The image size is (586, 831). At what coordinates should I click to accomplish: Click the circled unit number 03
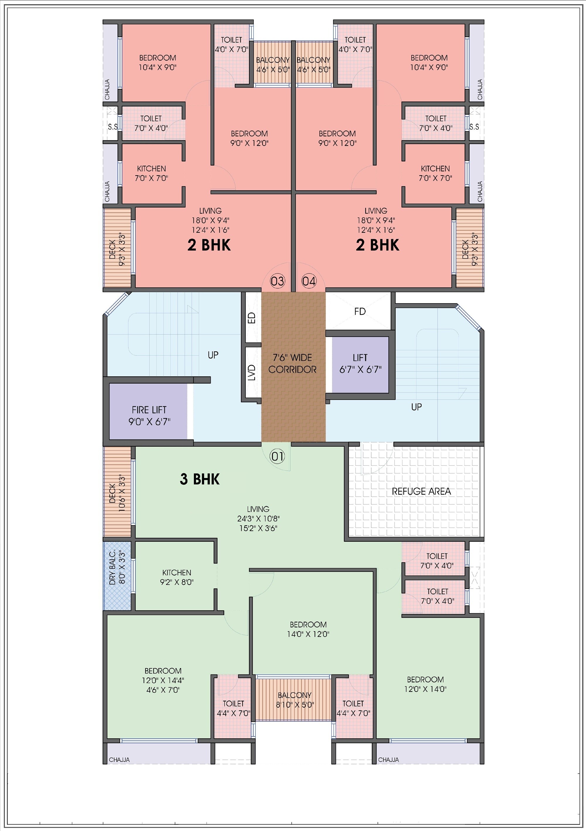(277, 281)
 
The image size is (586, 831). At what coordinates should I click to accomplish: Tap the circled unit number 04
(309, 281)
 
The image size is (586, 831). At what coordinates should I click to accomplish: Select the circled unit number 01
(277, 456)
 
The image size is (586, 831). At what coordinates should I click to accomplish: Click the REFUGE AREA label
(421, 491)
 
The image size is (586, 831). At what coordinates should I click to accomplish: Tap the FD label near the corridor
(360, 311)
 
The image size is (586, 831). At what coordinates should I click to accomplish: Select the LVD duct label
(252, 372)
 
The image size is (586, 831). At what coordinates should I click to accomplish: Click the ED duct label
(252, 318)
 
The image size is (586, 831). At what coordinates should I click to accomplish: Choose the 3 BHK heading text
(200, 479)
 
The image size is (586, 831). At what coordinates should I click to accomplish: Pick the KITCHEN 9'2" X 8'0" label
(177, 577)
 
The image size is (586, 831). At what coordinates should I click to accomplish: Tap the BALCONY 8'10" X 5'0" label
(295, 700)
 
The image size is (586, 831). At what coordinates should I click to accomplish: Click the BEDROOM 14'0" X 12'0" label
(308, 629)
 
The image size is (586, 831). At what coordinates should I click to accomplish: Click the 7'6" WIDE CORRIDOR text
(292, 363)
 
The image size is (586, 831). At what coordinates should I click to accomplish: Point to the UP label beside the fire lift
(213, 355)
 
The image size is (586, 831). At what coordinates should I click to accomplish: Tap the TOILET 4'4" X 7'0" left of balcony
(233, 708)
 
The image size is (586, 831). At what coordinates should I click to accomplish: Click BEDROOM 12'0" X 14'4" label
(163, 680)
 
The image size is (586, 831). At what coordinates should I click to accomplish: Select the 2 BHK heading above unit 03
(209, 245)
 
